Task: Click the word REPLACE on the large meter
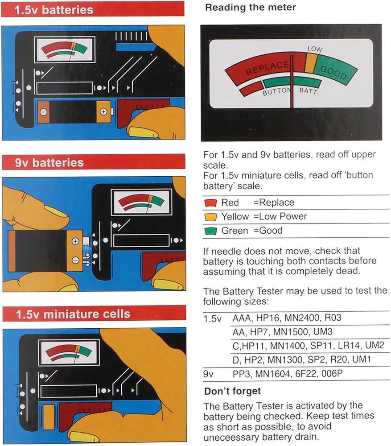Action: (x=267, y=68)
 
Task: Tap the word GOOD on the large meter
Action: (x=333, y=72)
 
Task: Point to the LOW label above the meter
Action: (x=315, y=49)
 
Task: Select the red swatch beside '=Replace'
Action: (x=210, y=203)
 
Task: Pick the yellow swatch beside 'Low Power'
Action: (x=210, y=217)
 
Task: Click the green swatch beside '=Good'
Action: (x=210, y=231)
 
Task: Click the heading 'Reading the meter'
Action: (x=251, y=8)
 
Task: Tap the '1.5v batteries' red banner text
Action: (x=54, y=10)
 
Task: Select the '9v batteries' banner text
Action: (x=49, y=163)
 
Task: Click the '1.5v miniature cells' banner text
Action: (x=73, y=314)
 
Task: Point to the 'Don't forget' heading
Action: (x=232, y=391)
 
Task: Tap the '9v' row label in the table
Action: (x=208, y=374)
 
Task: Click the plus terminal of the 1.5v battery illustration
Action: (x=103, y=112)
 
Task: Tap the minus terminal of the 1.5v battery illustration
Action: (x=43, y=112)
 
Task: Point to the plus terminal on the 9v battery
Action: (x=75, y=241)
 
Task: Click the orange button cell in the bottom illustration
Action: (x=49, y=417)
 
